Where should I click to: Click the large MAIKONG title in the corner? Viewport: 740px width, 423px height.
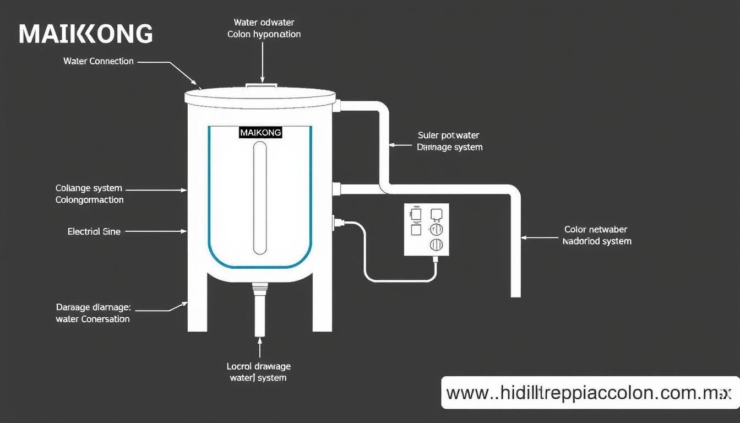coord(85,34)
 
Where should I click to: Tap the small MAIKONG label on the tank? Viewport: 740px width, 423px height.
coord(260,133)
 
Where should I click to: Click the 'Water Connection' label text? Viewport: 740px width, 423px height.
coord(99,61)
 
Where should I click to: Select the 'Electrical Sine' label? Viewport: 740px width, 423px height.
coord(94,232)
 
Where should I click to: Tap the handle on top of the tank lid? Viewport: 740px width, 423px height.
coord(262,85)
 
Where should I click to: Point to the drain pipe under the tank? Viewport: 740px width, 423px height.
coord(260,311)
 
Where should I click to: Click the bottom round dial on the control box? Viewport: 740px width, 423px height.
coord(436,245)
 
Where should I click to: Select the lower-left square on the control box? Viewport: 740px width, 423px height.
coord(416,229)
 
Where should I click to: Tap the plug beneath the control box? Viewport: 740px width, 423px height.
coord(435,259)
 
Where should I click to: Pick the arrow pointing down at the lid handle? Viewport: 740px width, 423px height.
coord(263,63)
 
